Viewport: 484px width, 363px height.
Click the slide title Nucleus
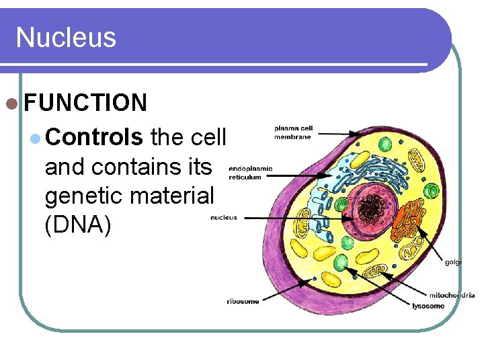click(66, 37)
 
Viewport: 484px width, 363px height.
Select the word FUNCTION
click(85, 103)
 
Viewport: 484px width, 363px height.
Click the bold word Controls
click(94, 137)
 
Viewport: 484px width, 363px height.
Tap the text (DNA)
click(77, 225)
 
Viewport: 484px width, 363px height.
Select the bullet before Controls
click(36, 138)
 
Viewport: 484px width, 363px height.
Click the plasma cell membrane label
click(292, 132)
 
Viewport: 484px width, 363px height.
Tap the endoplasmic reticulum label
click(250, 173)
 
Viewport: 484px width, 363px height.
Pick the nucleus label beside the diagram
click(223, 217)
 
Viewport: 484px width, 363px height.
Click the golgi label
click(453, 262)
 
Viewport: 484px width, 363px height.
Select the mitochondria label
click(452, 295)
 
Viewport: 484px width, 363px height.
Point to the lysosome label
click(428, 306)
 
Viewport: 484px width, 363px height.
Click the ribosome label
click(243, 301)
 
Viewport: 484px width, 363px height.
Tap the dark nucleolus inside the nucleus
click(368, 209)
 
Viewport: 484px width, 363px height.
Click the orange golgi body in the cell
click(405, 218)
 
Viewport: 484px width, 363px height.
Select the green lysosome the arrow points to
click(341, 261)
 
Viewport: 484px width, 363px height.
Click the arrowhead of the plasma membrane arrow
click(359, 136)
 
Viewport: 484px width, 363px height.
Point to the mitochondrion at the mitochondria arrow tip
click(374, 273)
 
